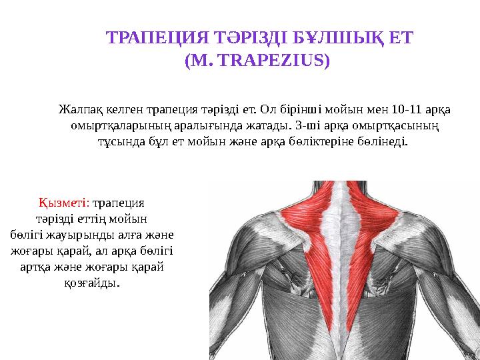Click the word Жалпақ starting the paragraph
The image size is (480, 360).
pos(78,109)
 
